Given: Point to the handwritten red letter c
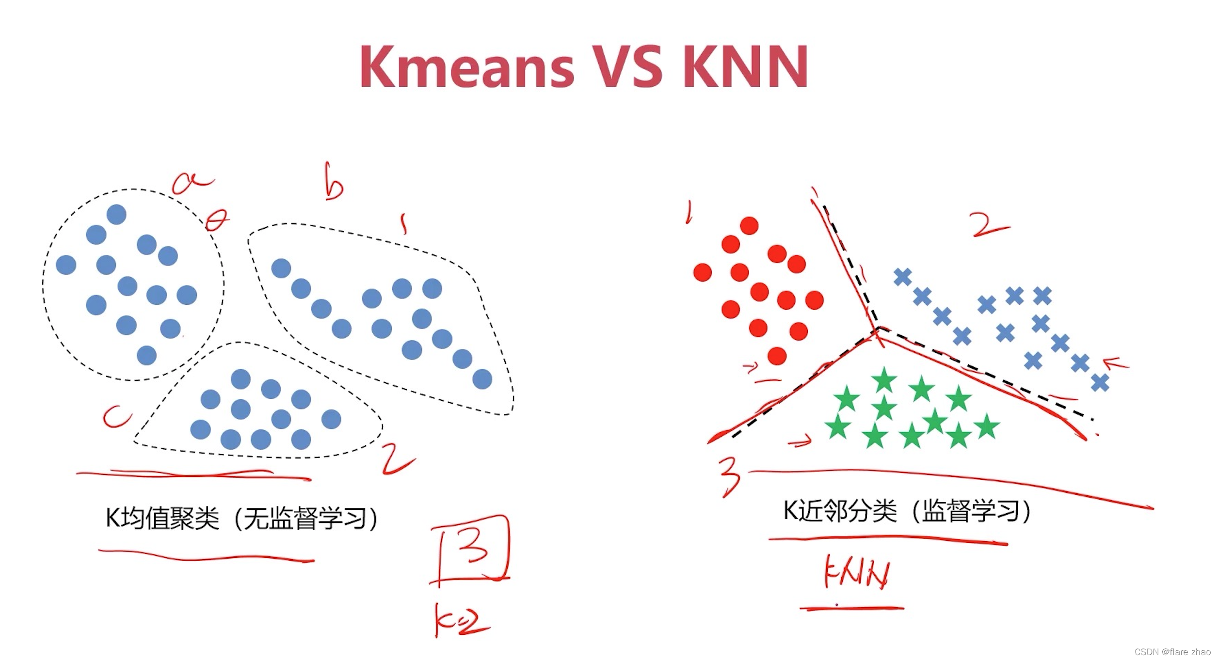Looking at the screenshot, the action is point(116,417).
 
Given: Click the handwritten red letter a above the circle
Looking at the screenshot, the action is point(192,183).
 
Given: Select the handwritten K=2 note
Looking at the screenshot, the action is point(461,620).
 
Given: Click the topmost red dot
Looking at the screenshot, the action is point(749,226).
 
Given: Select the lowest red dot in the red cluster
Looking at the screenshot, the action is point(777,356).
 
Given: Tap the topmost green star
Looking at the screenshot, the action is point(884,379).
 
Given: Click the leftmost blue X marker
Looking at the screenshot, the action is point(902,277).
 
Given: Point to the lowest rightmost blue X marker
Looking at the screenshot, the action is point(1100,382).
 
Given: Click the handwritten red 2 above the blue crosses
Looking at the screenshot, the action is point(989,225).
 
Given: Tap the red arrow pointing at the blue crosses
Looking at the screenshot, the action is point(1115,363).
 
